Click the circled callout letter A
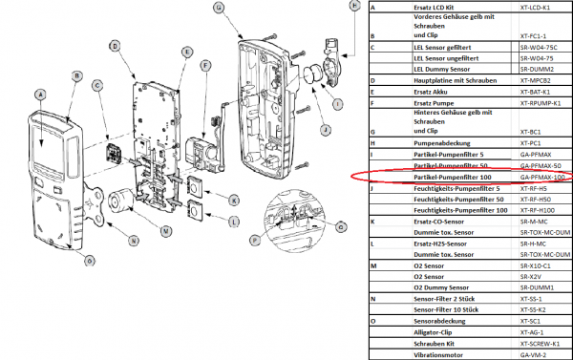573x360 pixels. click(x=39, y=94)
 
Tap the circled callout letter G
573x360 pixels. click(x=219, y=8)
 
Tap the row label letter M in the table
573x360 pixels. click(x=372, y=265)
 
